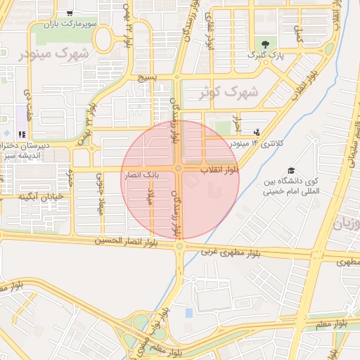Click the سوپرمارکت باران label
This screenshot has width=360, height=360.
coord(69,25)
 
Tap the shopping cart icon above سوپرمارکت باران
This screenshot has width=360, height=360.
coord(69,13)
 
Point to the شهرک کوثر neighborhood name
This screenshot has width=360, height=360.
coord(229,92)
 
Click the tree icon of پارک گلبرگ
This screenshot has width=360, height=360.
coord(264,44)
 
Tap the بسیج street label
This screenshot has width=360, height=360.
coord(147,77)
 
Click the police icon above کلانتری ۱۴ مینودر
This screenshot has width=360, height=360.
coord(257,131)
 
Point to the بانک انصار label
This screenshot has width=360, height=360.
coord(143,172)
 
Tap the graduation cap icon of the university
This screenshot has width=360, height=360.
coord(290,171)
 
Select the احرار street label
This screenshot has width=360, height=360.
coord(237,124)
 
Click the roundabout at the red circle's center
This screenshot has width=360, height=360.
coord(180,169)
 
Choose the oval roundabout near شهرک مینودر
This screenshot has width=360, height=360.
coord(104,40)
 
